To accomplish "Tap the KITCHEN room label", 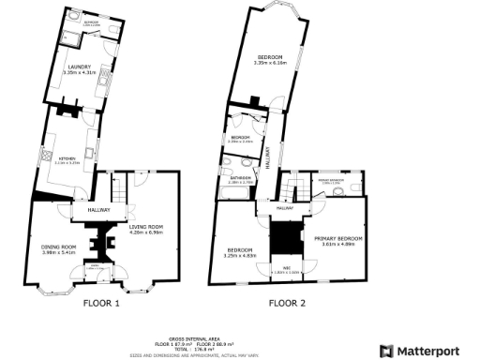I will pyautogui.click(x=67, y=159).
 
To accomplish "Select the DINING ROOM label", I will pyautogui.click(x=58, y=246).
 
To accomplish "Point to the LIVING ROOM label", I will pyautogui.click(x=145, y=227).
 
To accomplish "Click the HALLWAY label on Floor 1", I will pyautogui.click(x=99, y=209).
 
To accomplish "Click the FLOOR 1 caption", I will pyautogui.click(x=102, y=304).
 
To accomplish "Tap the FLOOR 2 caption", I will pyautogui.click(x=287, y=304).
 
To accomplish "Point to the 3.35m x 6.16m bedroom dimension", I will pyautogui.click(x=274, y=63).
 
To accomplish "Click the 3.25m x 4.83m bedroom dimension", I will pyautogui.click(x=241, y=255).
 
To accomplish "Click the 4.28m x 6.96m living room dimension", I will pyautogui.click(x=145, y=232).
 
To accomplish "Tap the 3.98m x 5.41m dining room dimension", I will pyautogui.click(x=58, y=252).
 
